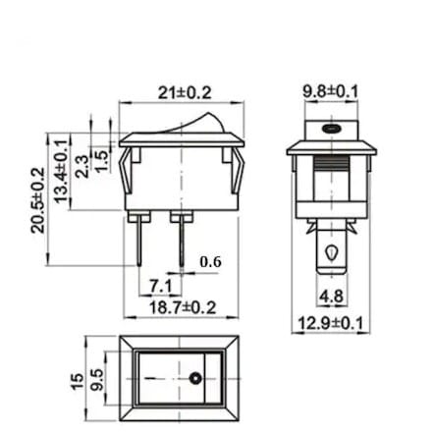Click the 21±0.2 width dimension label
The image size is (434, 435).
[x=185, y=93]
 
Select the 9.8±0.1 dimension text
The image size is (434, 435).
[x=330, y=91]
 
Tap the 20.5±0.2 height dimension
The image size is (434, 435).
[x=38, y=200]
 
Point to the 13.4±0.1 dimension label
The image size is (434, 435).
[x=62, y=171]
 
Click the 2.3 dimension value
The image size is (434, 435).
[x=81, y=166]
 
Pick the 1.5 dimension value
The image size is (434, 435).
[x=101, y=161]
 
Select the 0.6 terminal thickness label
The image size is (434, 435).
[x=211, y=262]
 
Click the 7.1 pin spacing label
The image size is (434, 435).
[x=161, y=287]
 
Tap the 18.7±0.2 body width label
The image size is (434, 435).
[x=183, y=308]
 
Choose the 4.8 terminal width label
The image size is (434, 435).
[x=332, y=297]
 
